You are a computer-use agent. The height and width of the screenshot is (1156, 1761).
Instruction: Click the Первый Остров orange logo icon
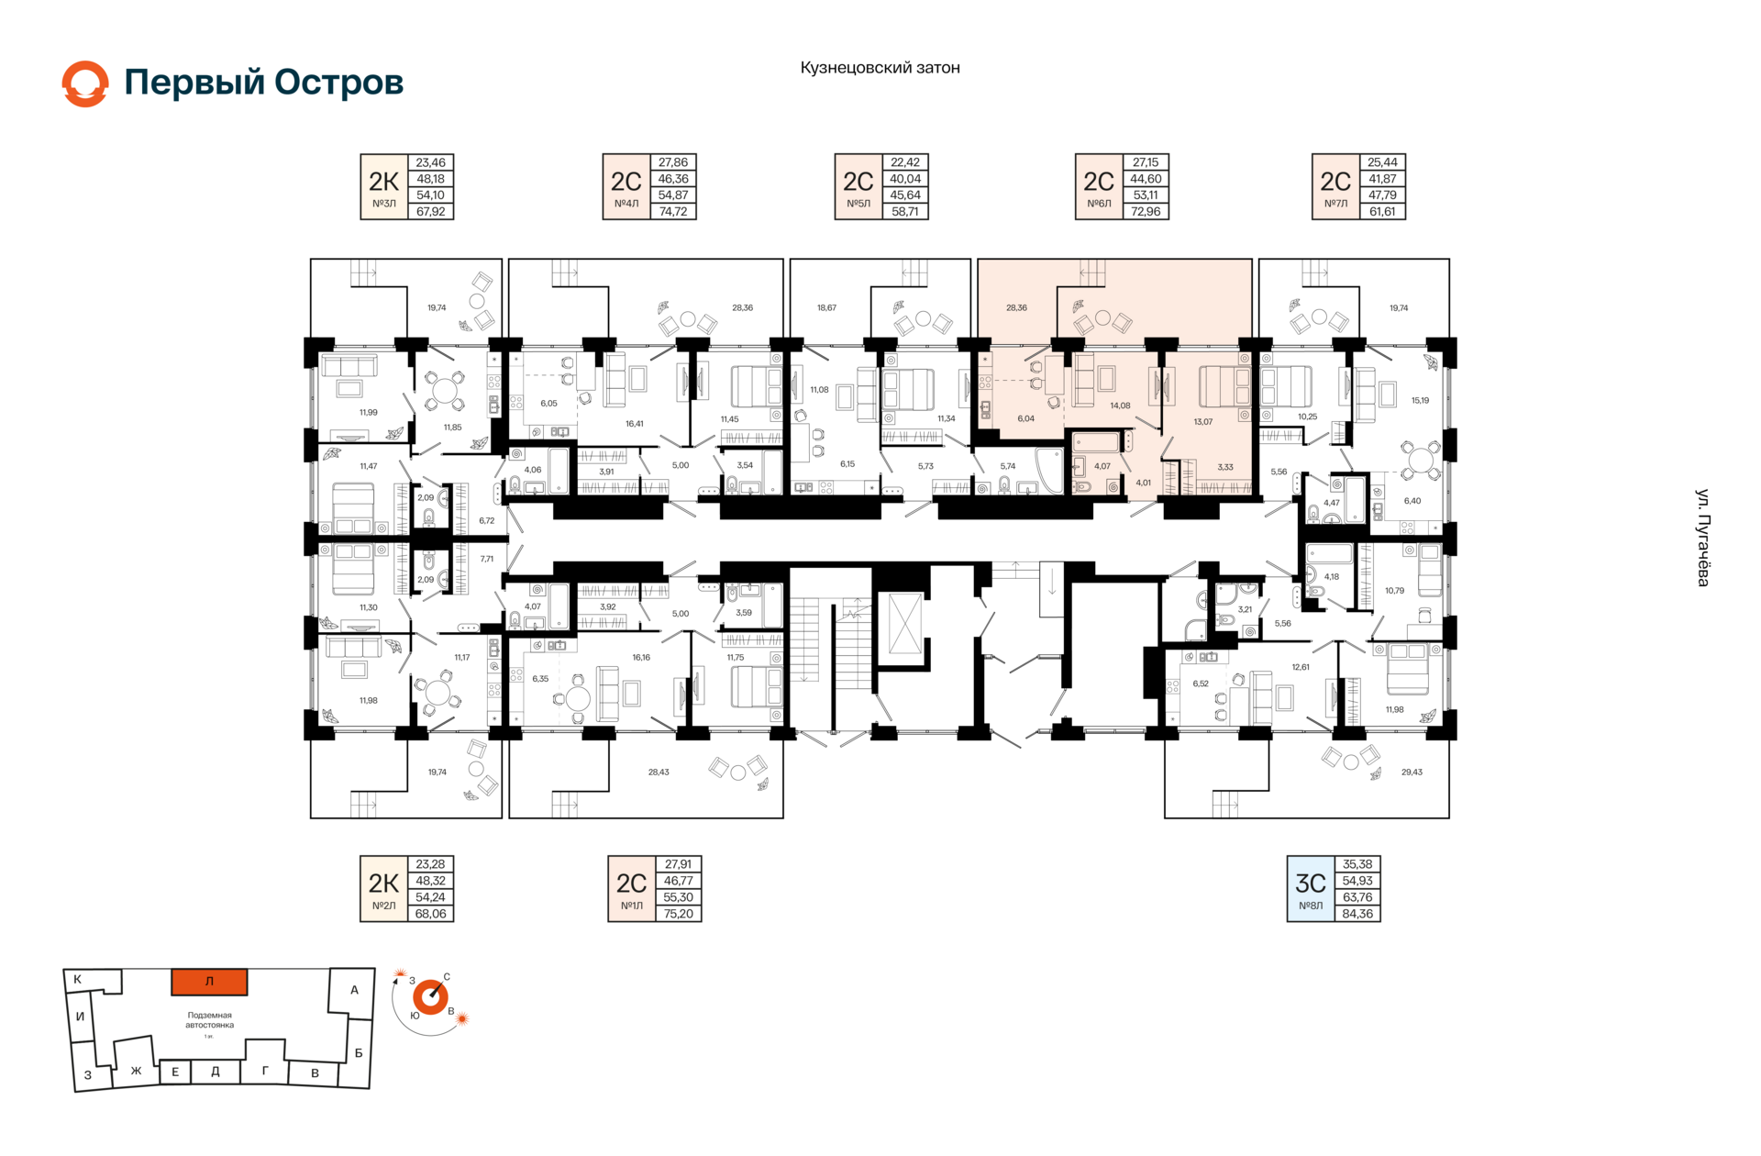coord(85,83)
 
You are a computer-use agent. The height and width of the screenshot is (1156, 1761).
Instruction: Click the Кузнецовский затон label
coord(880,68)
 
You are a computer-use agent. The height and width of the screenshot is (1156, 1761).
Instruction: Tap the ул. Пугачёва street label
coord(1702,538)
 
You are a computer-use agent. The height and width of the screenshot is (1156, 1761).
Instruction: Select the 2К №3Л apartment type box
coord(383,187)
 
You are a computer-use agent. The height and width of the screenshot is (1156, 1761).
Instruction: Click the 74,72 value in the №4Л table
coord(673,211)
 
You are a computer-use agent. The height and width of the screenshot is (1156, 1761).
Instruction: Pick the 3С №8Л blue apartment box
coord(1311,889)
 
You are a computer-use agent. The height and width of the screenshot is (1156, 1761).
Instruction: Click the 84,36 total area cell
coord(1357,914)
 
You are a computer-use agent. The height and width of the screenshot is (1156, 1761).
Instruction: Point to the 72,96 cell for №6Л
coord(1146,211)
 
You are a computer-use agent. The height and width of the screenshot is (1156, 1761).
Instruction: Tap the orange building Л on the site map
coord(209,982)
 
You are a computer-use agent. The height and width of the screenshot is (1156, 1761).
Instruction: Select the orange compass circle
coord(430,997)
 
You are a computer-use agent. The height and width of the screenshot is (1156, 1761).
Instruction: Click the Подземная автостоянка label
coord(210,1020)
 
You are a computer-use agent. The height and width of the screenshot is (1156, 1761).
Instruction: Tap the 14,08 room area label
coord(1120,406)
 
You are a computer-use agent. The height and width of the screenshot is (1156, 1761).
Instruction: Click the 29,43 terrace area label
coord(1412,773)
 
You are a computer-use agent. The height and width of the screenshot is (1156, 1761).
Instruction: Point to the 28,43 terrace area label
coord(659,773)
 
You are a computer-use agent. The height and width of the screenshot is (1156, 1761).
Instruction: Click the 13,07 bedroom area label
coord(1202,422)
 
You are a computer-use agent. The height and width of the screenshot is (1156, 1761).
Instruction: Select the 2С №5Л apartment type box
coord(858,187)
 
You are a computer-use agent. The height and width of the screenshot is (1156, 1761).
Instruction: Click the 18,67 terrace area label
coord(826,308)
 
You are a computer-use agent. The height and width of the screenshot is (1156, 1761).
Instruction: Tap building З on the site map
coord(89,1073)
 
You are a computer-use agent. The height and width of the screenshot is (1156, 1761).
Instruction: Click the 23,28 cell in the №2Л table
coord(430,864)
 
